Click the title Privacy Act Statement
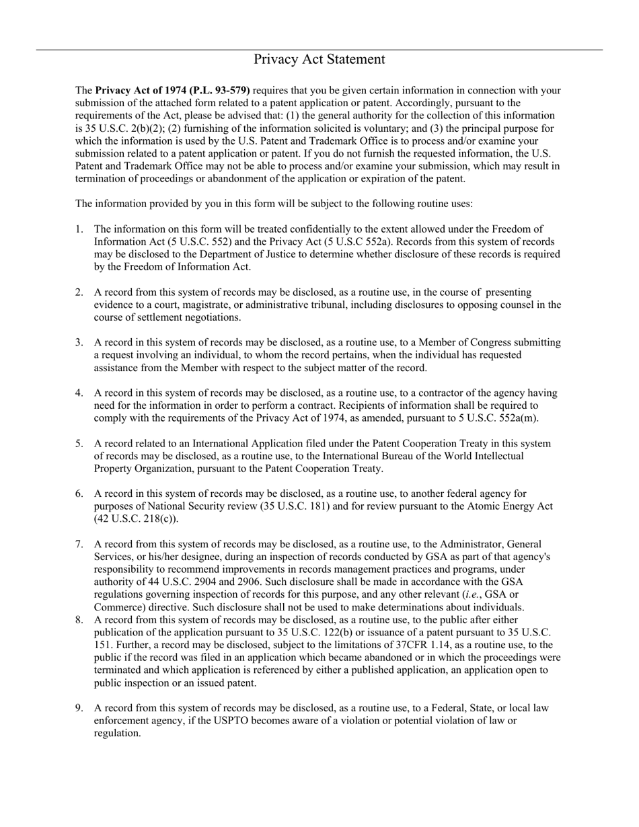[319, 60]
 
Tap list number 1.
[79, 229]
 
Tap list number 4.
[79, 393]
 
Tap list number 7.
[79, 544]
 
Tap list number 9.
[79, 708]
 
